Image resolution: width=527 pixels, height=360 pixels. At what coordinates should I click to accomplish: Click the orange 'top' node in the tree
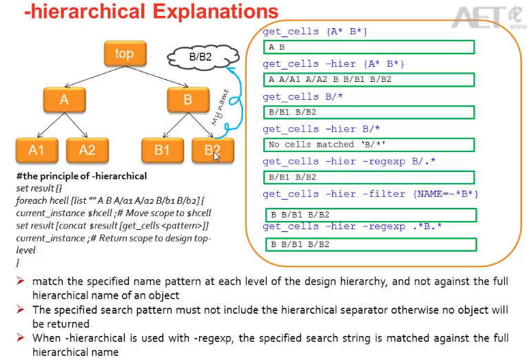pyautogui.click(x=125, y=54)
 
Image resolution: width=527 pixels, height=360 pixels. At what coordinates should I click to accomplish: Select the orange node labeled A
pyautogui.click(x=64, y=100)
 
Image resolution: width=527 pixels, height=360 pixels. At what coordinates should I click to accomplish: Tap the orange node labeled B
pyautogui.click(x=188, y=100)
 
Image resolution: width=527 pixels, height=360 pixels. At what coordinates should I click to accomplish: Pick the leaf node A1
pyautogui.click(x=37, y=149)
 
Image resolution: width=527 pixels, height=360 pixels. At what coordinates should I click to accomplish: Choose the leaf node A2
pyautogui.click(x=87, y=149)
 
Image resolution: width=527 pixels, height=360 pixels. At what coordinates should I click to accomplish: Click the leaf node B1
pyautogui.click(x=162, y=149)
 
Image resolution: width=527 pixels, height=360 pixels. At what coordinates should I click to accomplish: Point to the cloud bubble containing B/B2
pyautogui.click(x=200, y=57)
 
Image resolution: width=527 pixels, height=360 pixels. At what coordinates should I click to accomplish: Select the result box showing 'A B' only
pyautogui.click(x=369, y=47)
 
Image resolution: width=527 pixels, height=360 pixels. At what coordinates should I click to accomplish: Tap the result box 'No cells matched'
pyautogui.click(x=369, y=145)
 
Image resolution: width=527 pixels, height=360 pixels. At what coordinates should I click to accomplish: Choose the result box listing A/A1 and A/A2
pyautogui.click(x=369, y=80)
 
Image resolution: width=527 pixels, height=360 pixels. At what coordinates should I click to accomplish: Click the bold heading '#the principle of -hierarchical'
pyautogui.click(x=81, y=177)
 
